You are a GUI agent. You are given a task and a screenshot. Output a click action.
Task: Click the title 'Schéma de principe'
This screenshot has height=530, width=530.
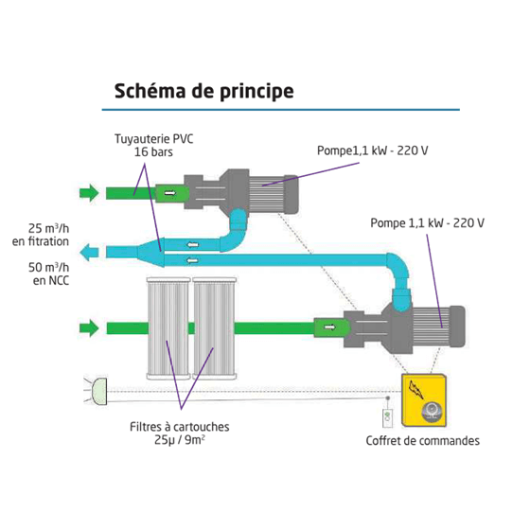(x=203, y=92)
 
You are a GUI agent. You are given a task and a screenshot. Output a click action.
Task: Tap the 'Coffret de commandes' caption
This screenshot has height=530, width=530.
(x=422, y=440)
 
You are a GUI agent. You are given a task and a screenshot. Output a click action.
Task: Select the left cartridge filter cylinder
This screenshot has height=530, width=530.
(x=168, y=327)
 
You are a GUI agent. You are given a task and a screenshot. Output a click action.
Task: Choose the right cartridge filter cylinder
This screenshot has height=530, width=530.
(x=216, y=327)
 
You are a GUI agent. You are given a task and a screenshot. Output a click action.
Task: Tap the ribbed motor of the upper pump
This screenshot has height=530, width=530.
(x=275, y=192)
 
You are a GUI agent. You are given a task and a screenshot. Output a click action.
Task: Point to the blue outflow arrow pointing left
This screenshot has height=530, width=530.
(x=90, y=253)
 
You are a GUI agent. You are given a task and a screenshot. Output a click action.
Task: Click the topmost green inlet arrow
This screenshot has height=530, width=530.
(x=88, y=193)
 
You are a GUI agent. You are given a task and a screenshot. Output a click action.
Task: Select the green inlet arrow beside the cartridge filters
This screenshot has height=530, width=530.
(x=88, y=328)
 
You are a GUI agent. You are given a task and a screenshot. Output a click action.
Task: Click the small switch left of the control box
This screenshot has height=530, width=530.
(x=385, y=415)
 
